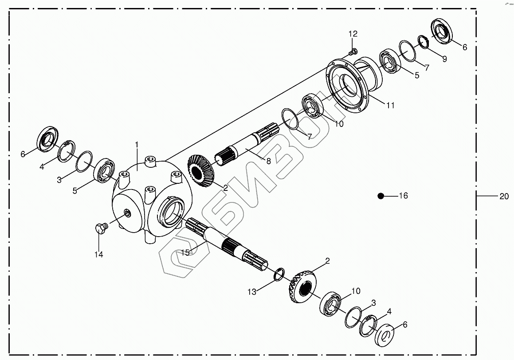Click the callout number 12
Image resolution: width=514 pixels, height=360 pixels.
click(x=353, y=34)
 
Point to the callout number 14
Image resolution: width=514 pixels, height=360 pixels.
click(x=98, y=254)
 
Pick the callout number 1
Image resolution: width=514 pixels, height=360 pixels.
click(x=137, y=145)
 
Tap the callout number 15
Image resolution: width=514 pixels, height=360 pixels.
click(x=185, y=252)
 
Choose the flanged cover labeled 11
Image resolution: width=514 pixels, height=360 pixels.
click(x=350, y=89)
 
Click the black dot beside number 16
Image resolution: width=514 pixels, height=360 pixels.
click(x=380, y=196)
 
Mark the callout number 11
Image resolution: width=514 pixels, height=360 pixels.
click(x=390, y=106)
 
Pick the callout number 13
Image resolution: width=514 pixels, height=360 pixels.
click(x=251, y=292)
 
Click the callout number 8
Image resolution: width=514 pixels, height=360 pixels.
click(x=268, y=162)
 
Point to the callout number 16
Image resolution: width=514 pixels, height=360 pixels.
click(x=403, y=196)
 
